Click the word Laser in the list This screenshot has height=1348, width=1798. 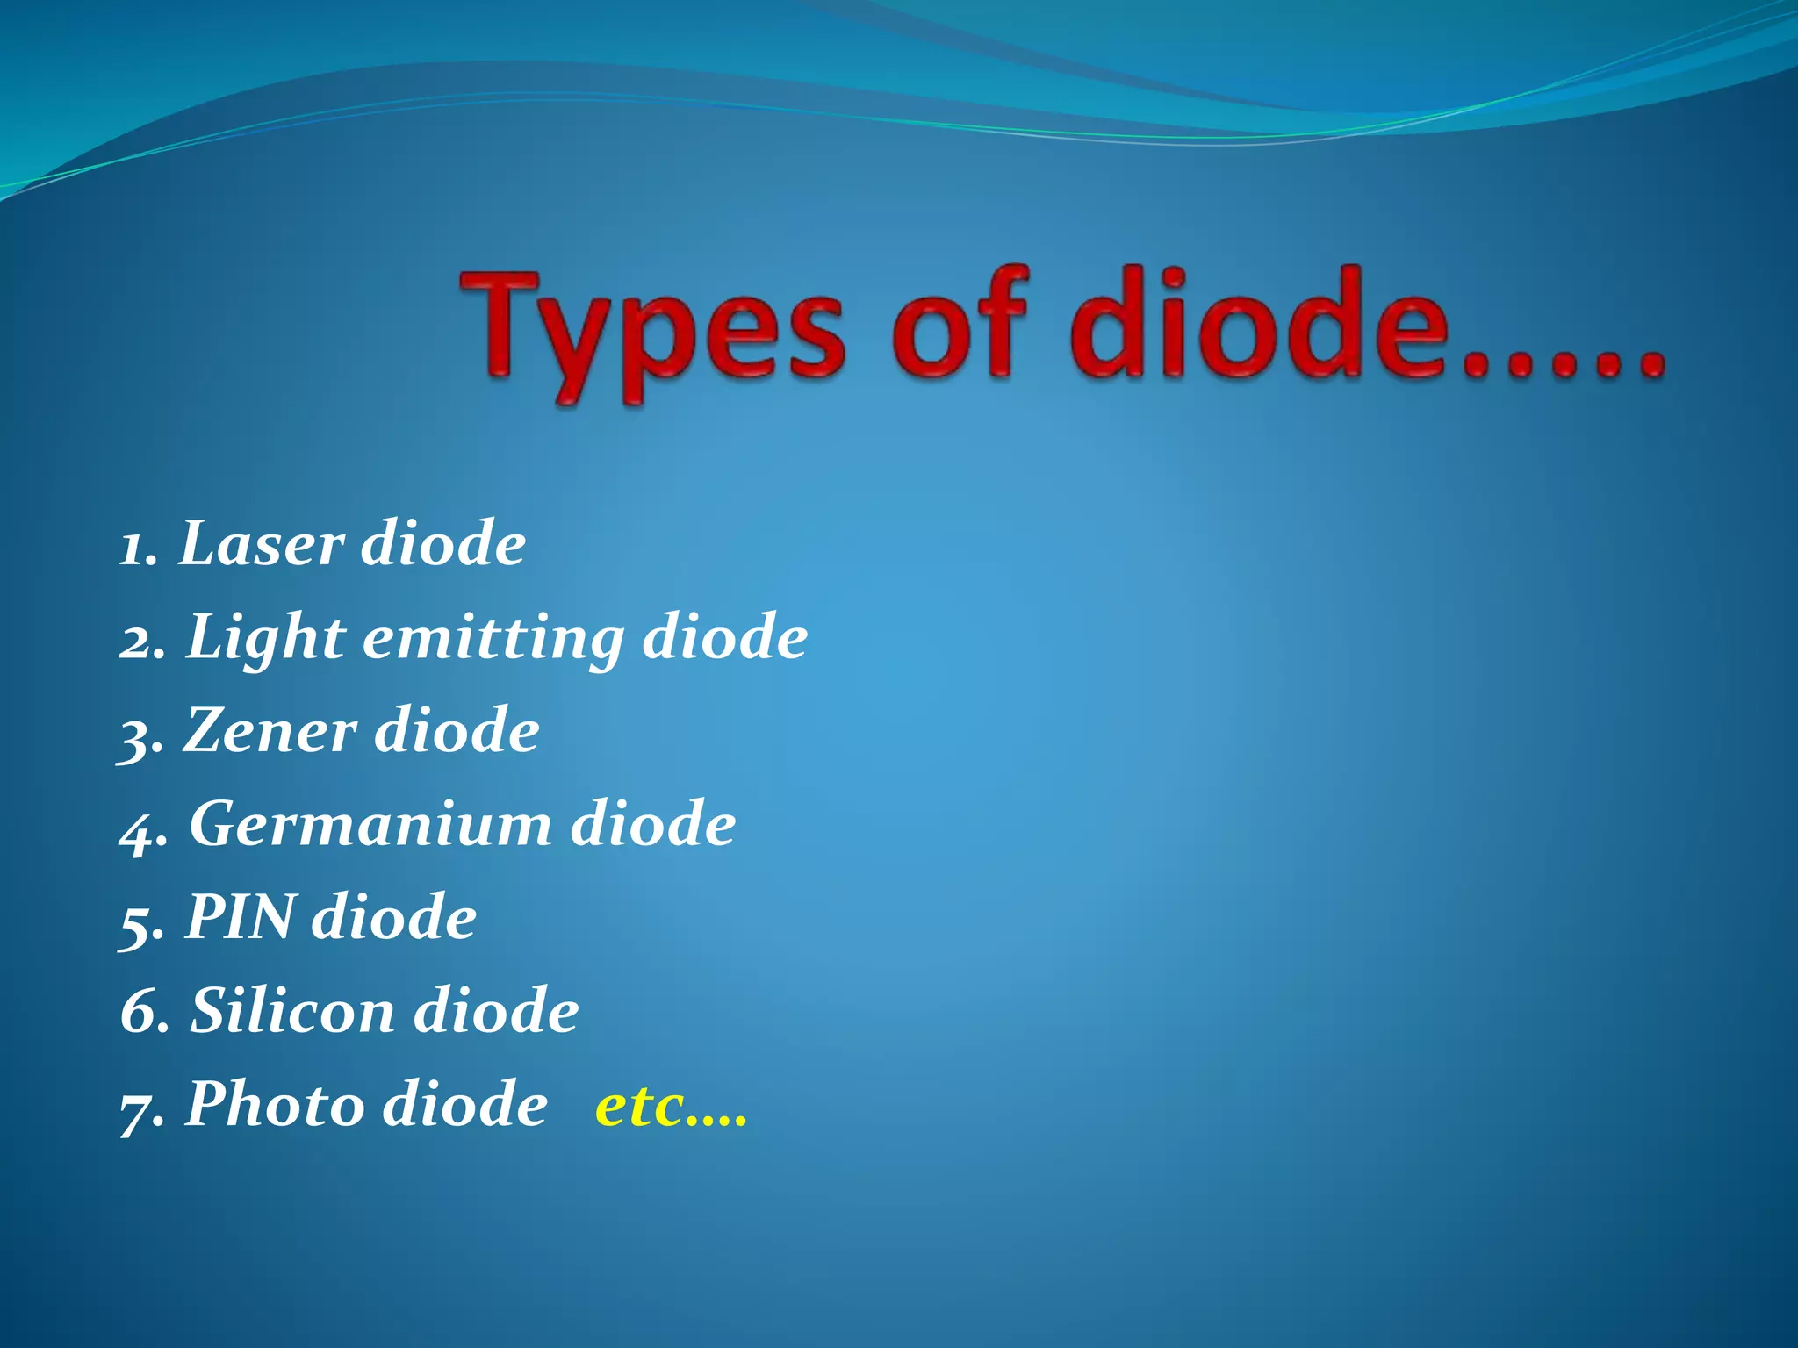tap(261, 543)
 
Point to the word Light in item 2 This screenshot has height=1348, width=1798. tap(266, 638)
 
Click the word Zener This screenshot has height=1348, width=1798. tap(270, 730)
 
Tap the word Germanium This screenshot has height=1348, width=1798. tap(370, 824)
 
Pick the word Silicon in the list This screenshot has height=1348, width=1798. tap(292, 1010)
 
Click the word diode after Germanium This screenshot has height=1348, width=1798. tap(653, 824)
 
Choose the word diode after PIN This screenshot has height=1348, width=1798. tap(394, 917)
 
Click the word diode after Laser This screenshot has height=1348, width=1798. tap(443, 543)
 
